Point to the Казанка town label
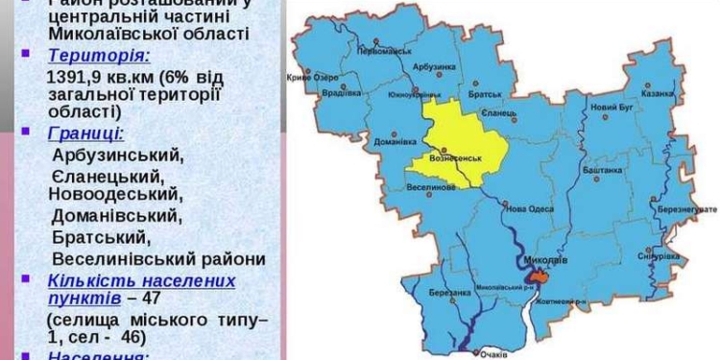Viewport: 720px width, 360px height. pyautogui.click(x=660, y=94)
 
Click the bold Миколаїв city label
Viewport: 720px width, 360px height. pyautogui.click(x=544, y=259)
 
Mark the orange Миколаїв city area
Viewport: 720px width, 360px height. pyautogui.click(x=540, y=276)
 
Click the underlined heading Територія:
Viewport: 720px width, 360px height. pyautogui.click(x=98, y=56)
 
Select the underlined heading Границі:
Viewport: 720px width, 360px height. pyautogui.click(x=86, y=133)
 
